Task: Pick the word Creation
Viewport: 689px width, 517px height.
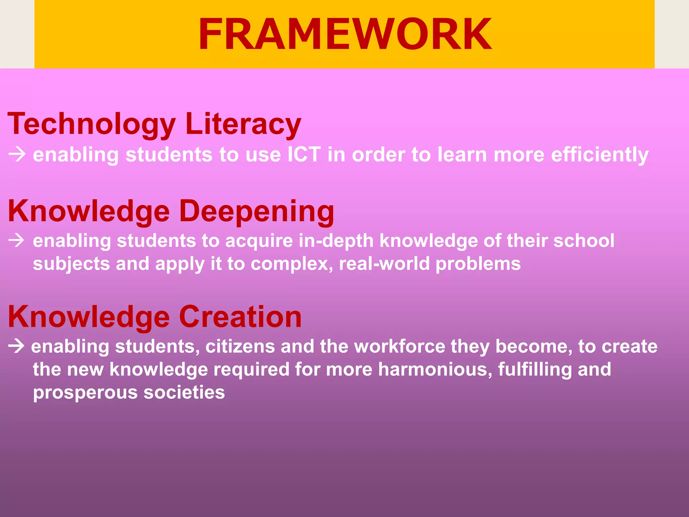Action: pos(240,317)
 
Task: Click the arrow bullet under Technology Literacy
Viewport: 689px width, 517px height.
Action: pos(17,154)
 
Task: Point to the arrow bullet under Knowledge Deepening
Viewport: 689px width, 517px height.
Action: pos(16,241)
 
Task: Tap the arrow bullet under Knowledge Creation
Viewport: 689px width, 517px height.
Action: pos(16,346)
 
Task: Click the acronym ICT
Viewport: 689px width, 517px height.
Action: pos(304,154)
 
